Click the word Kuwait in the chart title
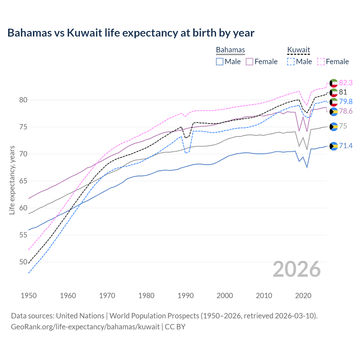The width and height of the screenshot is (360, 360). [84, 33]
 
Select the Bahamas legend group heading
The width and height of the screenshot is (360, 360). [230, 50]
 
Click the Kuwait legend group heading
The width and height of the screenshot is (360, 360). [298, 50]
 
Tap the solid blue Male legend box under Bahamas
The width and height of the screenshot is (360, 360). [220, 62]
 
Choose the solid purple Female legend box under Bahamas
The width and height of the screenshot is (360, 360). [249, 62]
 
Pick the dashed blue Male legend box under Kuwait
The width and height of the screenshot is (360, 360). [291, 62]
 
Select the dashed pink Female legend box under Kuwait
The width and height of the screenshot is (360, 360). [321, 62]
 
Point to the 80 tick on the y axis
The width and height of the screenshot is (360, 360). [23, 100]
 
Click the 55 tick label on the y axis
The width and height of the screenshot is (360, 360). [23, 235]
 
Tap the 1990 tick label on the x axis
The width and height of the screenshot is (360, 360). [186, 296]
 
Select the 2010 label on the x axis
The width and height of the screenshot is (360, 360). [264, 296]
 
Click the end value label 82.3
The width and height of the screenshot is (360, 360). [346, 83]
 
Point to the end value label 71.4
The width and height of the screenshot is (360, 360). [346, 146]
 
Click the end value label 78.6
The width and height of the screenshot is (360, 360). [346, 111]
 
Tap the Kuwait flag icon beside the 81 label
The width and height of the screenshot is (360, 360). [334, 92]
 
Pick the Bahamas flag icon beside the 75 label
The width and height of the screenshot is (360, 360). [334, 127]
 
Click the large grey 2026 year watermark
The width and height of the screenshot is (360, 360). [297, 269]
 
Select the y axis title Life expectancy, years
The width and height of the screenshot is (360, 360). [12, 180]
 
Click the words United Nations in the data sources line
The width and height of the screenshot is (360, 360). [80, 316]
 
